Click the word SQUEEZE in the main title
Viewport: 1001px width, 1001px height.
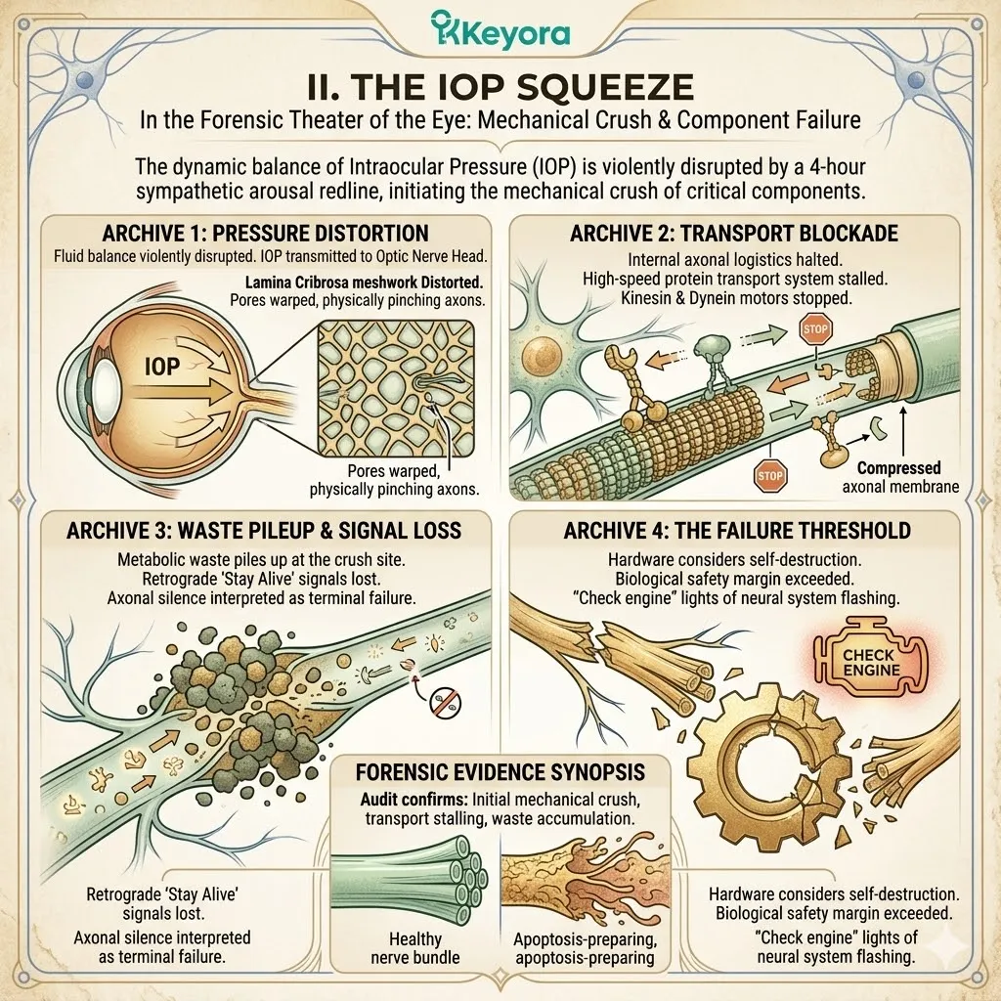tap(604, 87)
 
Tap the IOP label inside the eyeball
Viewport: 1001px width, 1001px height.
tap(162, 367)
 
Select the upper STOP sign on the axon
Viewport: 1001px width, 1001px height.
tap(815, 329)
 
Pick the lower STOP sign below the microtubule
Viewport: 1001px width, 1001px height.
tap(770, 476)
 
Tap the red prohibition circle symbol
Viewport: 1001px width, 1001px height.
tap(445, 702)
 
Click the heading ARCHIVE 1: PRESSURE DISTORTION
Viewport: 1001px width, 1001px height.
tap(265, 234)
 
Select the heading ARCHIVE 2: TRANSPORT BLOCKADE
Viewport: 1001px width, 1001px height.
tap(734, 234)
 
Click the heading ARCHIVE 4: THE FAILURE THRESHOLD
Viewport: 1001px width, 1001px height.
tap(737, 531)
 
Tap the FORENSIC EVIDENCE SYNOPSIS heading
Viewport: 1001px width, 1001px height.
tap(500, 772)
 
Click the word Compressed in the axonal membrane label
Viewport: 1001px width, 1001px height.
tap(898, 468)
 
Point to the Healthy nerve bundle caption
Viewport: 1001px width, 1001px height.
tap(414, 948)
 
